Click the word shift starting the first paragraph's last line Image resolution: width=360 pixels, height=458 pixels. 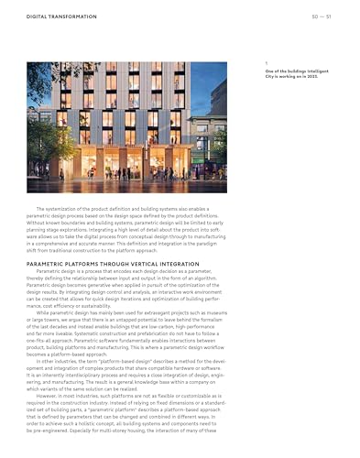[x=33, y=251]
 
